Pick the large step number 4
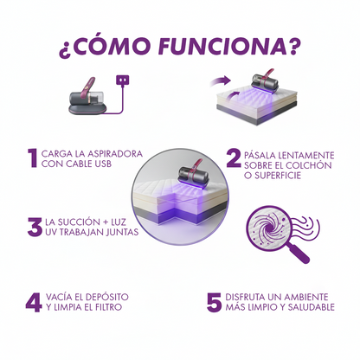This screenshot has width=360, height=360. pos(33,303)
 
